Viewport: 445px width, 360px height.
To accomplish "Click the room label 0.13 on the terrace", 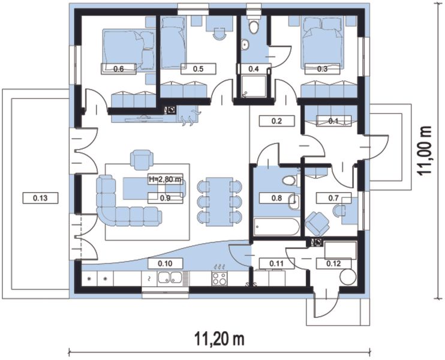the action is click(40, 198).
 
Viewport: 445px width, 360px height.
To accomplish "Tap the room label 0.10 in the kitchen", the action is click(165, 263).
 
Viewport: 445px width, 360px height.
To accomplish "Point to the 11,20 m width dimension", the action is click(220, 339).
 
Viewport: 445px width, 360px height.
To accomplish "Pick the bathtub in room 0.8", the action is click(276, 227).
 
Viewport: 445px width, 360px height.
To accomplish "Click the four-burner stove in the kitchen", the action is click(219, 278).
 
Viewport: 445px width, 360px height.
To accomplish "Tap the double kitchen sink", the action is click(170, 277).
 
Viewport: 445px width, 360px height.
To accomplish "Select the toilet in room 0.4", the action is click(253, 25).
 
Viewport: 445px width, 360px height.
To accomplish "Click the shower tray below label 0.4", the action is click(254, 86).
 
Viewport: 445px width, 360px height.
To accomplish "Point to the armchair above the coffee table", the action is click(142, 160).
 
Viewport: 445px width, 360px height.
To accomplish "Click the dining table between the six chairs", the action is click(220, 202).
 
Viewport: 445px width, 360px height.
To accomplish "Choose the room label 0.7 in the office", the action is click(333, 198).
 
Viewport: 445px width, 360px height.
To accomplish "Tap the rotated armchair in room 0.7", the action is click(317, 224).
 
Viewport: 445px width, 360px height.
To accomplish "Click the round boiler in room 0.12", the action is click(348, 277).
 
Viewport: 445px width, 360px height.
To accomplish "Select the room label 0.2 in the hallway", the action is click(276, 121).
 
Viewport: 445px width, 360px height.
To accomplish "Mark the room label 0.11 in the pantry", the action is click(276, 263).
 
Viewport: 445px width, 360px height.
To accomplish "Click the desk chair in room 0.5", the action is click(220, 34).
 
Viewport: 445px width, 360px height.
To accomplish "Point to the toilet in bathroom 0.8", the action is click(290, 180).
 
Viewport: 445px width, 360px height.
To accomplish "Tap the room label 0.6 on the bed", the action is click(119, 69).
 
